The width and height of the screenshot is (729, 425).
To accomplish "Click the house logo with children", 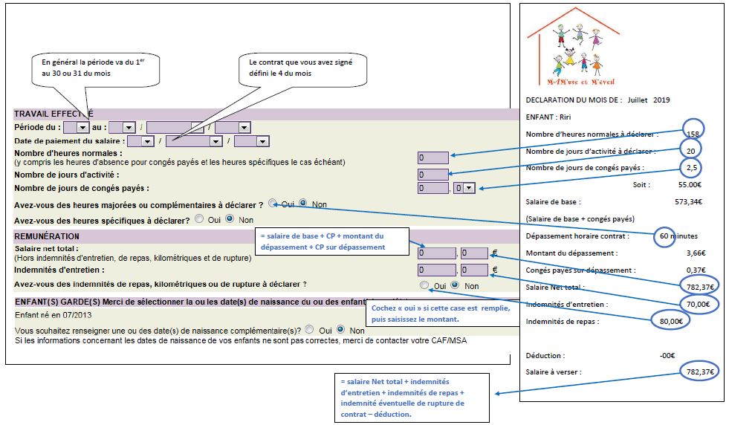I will (x=572, y=46).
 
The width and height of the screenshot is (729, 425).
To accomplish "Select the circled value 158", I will (x=692, y=133).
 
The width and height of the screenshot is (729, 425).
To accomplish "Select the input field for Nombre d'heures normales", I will (x=432, y=158).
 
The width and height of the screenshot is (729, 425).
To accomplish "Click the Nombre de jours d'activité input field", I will (x=432, y=174).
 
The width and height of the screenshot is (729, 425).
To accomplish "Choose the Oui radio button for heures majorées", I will (x=273, y=203).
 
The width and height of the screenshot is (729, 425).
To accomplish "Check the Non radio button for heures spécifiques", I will (x=230, y=219).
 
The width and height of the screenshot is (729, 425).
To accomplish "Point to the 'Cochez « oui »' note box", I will (x=438, y=314).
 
